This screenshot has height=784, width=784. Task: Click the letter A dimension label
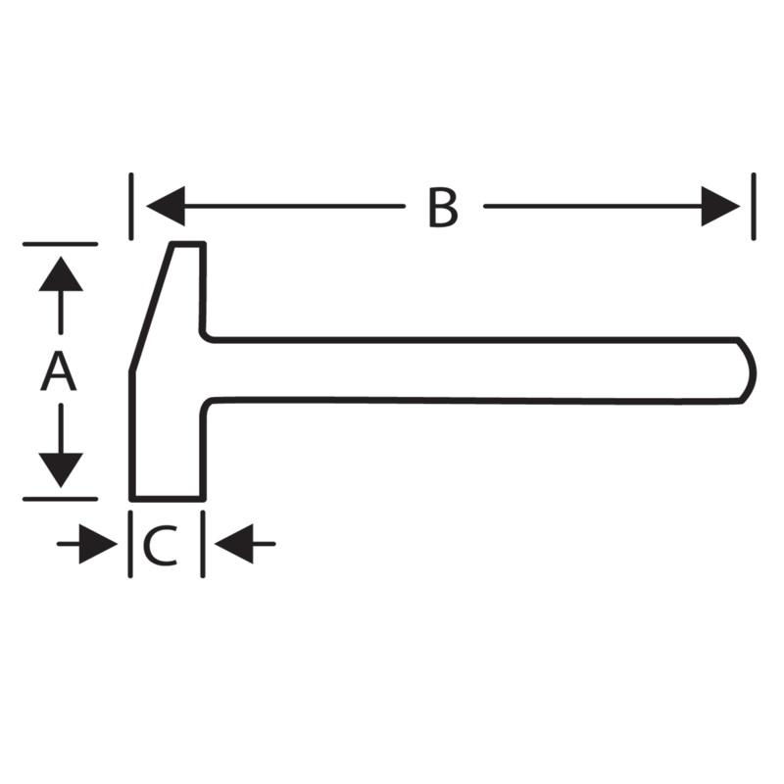click(x=59, y=371)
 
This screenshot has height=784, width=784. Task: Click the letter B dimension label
click(x=443, y=208)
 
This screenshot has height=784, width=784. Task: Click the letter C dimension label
click(x=161, y=545)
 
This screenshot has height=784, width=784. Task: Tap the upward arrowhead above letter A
click(x=61, y=273)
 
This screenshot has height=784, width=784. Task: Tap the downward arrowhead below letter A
click(x=61, y=470)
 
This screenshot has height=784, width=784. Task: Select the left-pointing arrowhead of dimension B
click(x=166, y=206)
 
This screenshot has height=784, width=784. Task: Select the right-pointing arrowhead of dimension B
click(x=720, y=206)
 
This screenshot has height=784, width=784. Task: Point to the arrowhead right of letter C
click(x=234, y=544)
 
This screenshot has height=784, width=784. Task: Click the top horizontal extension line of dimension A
click(x=61, y=244)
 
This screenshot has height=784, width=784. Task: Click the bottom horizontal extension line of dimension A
click(x=61, y=499)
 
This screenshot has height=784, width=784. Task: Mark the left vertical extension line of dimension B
click(x=131, y=207)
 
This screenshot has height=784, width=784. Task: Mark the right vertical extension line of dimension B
click(x=754, y=207)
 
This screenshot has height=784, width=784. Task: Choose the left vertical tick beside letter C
click(x=130, y=544)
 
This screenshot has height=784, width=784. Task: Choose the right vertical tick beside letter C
click(x=203, y=544)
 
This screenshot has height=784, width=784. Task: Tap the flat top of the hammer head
click(x=188, y=244)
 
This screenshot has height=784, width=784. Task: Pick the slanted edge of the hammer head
click(x=152, y=307)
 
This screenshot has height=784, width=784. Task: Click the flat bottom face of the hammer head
click(x=168, y=499)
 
